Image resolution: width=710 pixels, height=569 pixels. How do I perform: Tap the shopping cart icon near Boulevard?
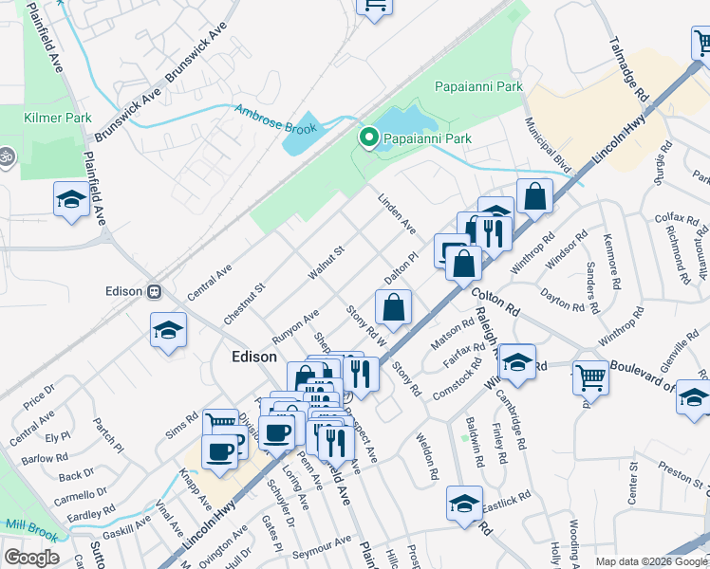point(590,376)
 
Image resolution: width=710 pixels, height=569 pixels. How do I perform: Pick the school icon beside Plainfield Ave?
point(70,198)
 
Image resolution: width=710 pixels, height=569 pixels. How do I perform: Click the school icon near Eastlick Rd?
point(465,504)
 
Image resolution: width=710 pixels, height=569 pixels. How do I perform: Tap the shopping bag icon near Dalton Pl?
point(394,306)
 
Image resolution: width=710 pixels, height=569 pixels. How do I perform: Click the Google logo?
point(30,558)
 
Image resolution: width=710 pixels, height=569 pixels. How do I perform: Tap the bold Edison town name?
point(255,357)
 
